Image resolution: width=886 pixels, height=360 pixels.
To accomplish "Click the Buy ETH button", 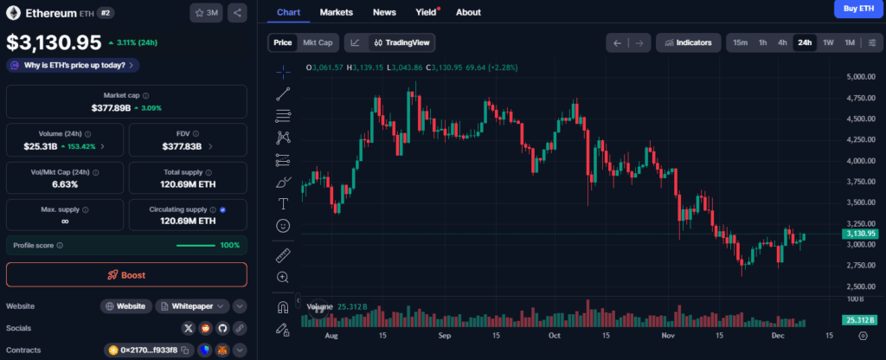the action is (x=858, y=9).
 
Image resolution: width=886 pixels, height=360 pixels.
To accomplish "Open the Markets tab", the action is (x=337, y=12).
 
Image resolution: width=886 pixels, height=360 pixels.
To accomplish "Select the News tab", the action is (x=384, y=12).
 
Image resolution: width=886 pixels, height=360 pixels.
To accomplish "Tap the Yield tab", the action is (x=426, y=12).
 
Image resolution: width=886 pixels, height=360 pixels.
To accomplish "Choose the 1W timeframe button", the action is (x=828, y=42).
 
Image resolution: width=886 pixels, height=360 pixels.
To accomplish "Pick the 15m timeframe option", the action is (x=741, y=42).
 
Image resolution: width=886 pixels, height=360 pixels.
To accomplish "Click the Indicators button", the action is (x=688, y=42).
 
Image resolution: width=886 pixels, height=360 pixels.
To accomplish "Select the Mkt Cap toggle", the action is (x=318, y=42).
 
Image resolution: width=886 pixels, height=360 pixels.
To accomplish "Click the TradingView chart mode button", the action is (x=401, y=42).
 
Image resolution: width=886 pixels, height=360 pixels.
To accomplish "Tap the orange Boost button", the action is (x=126, y=275).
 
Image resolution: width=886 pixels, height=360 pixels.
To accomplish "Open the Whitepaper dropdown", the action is (x=193, y=306).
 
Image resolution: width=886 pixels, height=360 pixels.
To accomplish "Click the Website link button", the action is (x=126, y=306).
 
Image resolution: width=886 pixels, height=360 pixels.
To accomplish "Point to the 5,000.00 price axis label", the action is (x=861, y=77).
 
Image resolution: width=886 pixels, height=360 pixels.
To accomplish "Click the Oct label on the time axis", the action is (x=555, y=336).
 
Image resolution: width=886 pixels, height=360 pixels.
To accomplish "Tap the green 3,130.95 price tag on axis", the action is (x=859, y=234).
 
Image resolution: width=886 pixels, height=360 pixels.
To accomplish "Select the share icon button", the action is (x=237, y=12).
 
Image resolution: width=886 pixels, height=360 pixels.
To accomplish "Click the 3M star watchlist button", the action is (x=206, y=12).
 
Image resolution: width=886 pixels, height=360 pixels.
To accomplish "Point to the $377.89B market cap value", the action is (x=112, y=107).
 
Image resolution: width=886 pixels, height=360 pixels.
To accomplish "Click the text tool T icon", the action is (x=283, y=203).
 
